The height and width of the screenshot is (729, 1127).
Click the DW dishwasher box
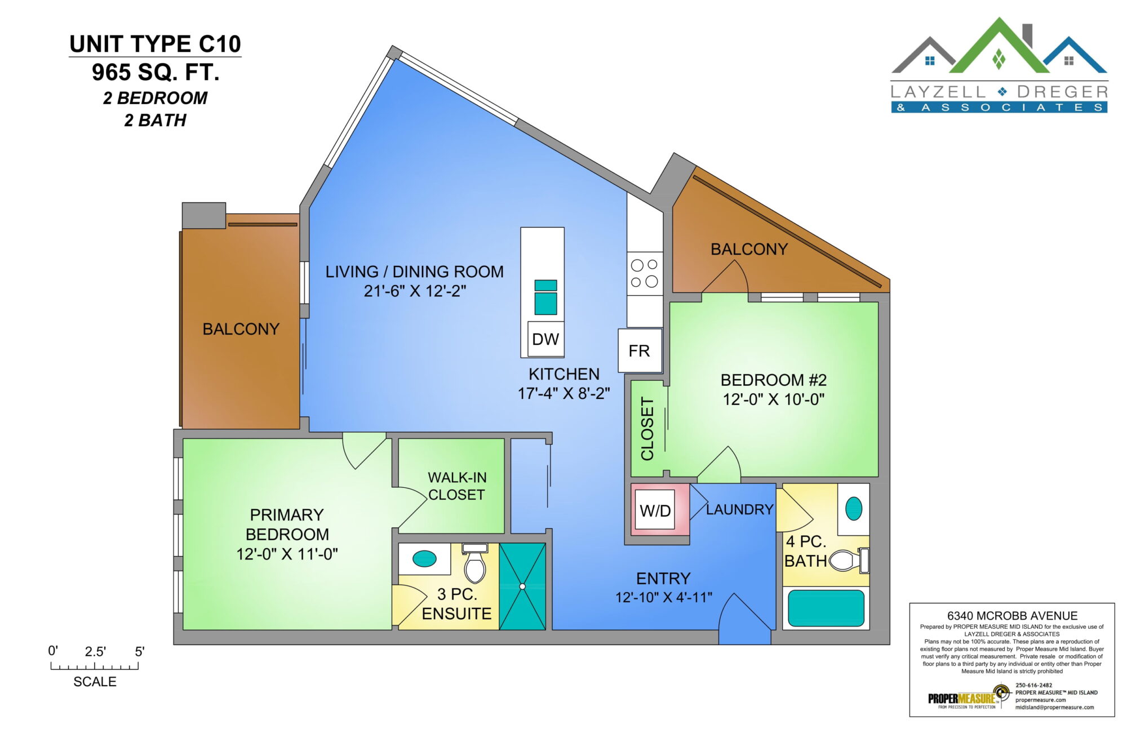(545, 339)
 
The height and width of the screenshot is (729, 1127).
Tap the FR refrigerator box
(640, 350)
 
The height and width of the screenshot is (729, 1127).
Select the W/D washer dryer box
(655, 510)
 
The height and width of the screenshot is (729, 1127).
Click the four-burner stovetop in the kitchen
(645, 273)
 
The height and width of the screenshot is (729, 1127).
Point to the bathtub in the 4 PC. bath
(826, 608)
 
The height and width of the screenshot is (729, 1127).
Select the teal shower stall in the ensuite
(522, 586)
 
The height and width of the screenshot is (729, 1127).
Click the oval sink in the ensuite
(424, 559)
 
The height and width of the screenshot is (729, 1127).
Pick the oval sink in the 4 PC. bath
(854, 509)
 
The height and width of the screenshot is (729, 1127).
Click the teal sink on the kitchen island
(545, 297)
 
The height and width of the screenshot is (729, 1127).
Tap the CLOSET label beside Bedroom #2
(647, 429)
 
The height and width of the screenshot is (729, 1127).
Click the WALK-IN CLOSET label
(457, 486)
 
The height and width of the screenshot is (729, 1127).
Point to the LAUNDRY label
(739, 509)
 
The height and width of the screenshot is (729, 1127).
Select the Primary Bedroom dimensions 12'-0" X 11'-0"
(287, 554)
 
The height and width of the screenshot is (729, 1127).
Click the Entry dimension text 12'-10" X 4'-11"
(663, 597)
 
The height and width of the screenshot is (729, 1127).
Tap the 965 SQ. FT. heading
(156, 72)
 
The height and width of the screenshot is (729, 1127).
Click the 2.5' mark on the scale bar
(95, 652)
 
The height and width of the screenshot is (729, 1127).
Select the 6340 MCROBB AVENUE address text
(1012, 616)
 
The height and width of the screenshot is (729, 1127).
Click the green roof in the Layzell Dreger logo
(999, 48)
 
